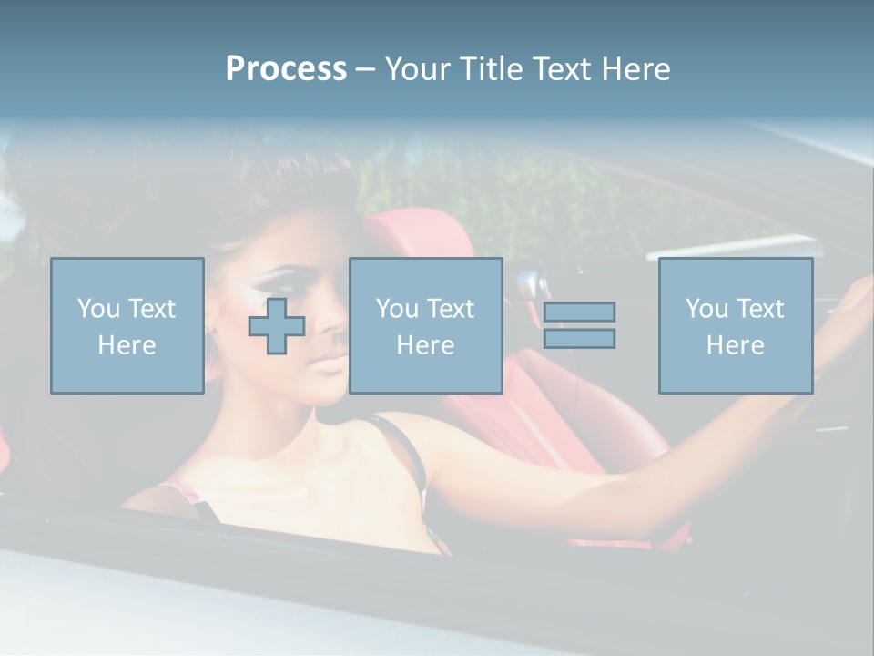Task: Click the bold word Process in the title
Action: [286, 69]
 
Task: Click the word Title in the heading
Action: [489, 69]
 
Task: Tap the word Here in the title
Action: [630, 69]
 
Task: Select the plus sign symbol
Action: [277, 325]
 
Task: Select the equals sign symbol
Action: [579, 325]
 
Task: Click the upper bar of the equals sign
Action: [579, 312]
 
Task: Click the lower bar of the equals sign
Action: [579, 339]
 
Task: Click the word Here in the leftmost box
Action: [127, 345]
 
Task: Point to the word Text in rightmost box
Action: [759, 309]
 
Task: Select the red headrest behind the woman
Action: [428, 237]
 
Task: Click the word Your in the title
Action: [416, 69]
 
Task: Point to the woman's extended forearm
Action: [710, 456]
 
